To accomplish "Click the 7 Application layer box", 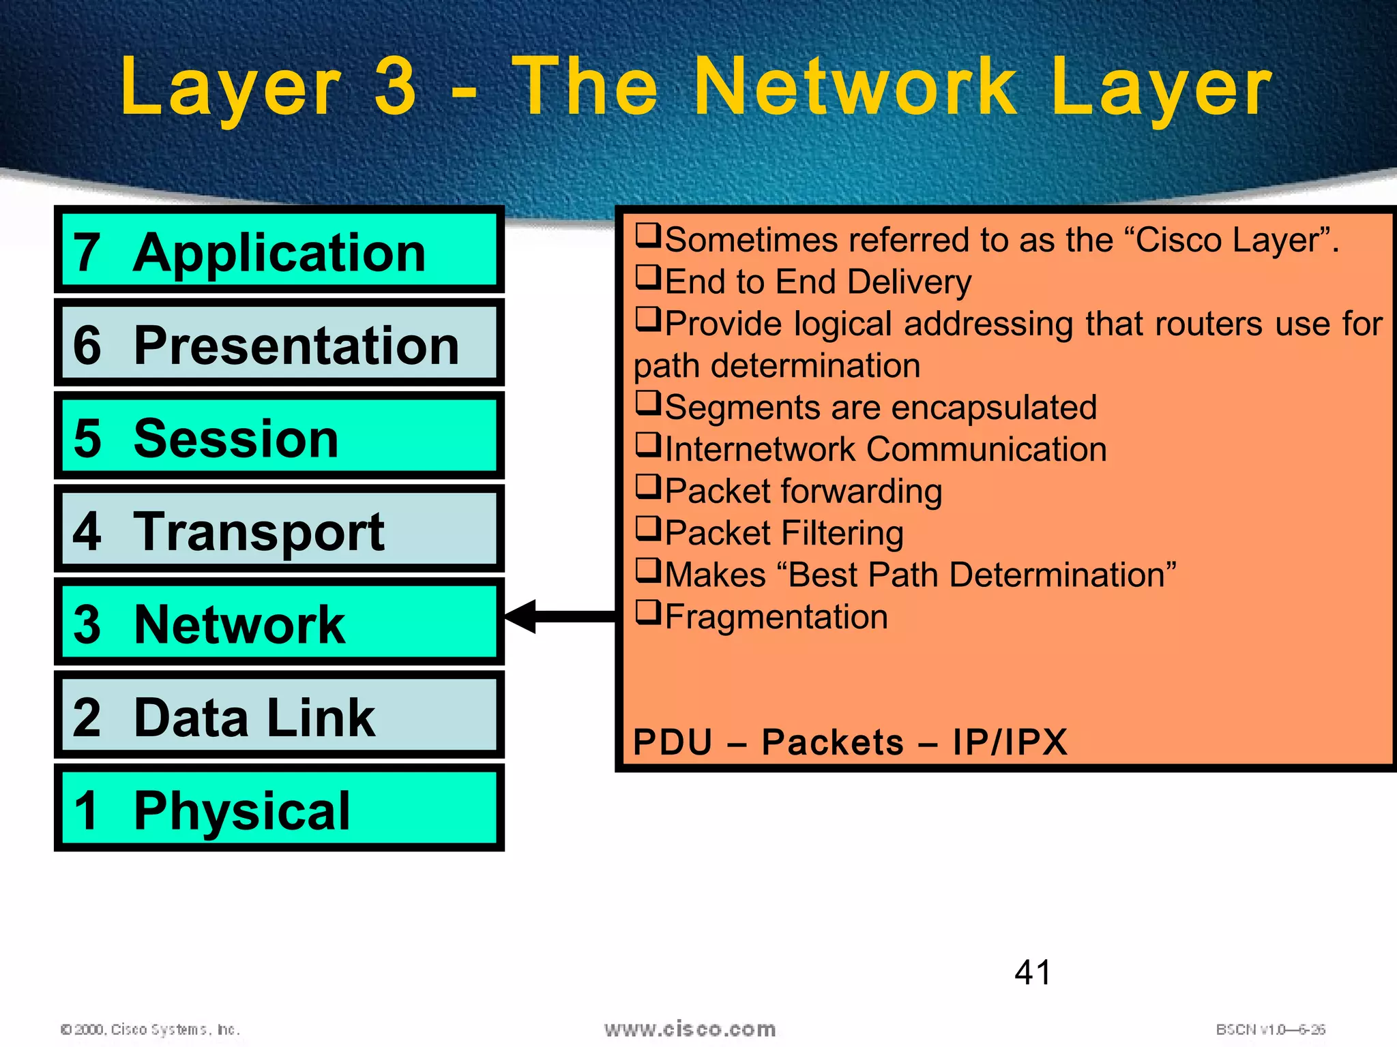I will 279,250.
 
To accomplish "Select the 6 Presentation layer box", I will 279,343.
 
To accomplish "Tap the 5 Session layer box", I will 279,436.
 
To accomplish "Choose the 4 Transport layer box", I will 279,530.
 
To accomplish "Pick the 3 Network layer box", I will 279,622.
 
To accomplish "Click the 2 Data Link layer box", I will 279,716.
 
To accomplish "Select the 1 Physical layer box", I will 279,809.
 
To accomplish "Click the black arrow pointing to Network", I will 559,616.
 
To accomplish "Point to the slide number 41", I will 1033,972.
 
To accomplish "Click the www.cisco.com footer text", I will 690,1029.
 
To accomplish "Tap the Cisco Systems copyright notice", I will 151,1029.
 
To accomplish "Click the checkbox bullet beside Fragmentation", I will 648,611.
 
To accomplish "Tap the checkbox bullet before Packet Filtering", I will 648,528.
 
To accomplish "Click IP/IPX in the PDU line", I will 1010,742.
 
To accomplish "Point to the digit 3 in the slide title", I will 396,87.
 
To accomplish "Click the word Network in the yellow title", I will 856,87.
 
